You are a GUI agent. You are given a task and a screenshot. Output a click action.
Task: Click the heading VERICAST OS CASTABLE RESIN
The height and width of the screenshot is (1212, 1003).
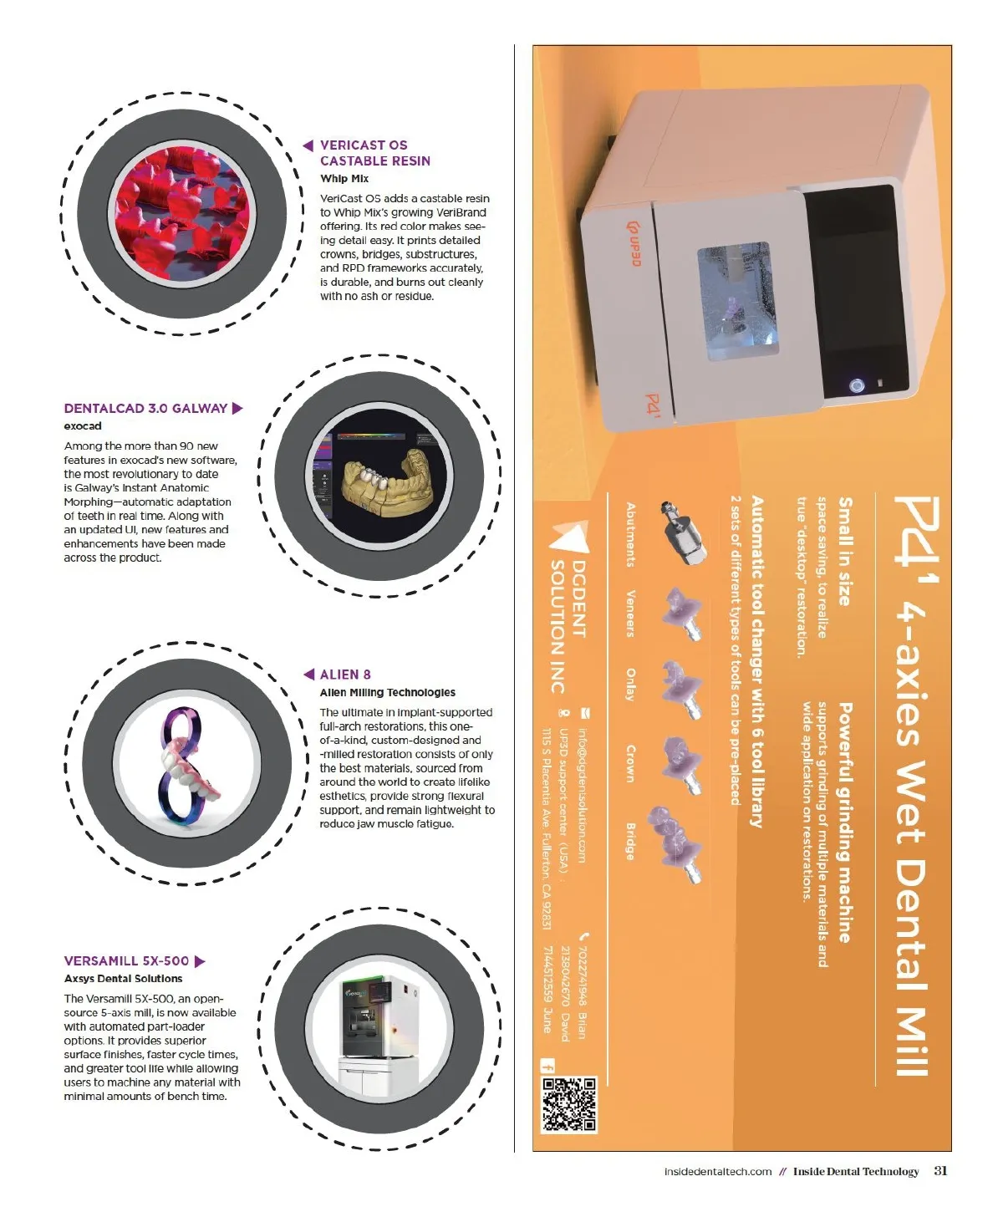[x=375, y=153]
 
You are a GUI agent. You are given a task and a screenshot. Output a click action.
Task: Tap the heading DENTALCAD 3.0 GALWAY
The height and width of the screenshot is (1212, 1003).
[x=145, y=408]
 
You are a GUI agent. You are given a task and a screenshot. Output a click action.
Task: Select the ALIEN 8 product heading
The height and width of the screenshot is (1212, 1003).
[x=344, y=674]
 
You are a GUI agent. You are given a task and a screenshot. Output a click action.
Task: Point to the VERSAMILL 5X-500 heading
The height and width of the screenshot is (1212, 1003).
[x=126, y=960]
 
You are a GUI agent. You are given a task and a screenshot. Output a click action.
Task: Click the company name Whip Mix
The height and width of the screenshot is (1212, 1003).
[x=344, y=178]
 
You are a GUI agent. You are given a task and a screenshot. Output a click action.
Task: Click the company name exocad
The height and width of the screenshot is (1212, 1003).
[x=83, y=425]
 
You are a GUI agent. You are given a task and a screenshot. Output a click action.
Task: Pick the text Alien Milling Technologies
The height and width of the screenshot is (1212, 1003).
[x=387, y=692]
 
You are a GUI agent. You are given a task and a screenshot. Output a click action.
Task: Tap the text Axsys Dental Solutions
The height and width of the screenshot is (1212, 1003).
[x=123, y=978]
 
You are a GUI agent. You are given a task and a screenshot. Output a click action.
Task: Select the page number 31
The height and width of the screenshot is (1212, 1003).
[x=939, y=1171]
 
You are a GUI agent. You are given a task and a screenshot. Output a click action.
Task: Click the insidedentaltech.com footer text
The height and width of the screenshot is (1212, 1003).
[x=717, y=1171]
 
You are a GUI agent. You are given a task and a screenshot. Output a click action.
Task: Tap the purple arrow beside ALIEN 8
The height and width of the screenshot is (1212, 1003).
[x=308, y=674]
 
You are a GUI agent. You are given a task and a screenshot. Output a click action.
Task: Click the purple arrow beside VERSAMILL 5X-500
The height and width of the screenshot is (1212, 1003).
[x=200, y=961]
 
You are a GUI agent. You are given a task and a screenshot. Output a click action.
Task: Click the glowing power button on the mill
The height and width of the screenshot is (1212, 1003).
[x=856, y=385]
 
